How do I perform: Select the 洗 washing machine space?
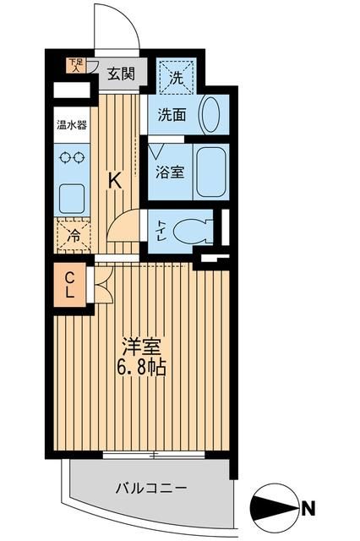click(177, 77)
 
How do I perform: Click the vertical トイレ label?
click(161, 228)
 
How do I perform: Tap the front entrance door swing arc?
click(119, 25)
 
